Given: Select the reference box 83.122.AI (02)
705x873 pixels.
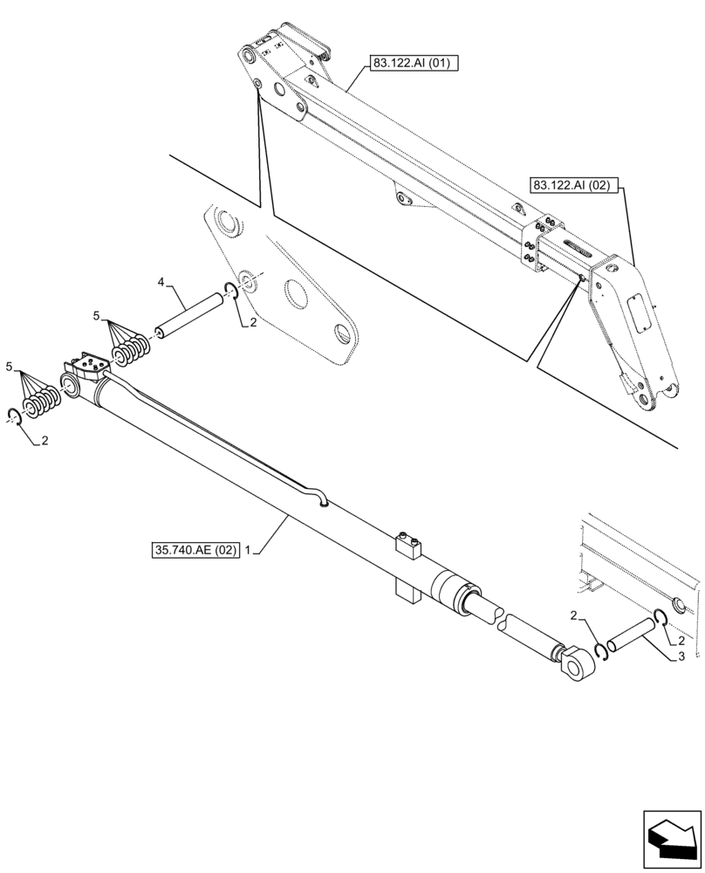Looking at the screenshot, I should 572,185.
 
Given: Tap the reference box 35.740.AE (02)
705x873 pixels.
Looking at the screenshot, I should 194,551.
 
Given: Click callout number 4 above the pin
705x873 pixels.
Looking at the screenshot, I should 161,281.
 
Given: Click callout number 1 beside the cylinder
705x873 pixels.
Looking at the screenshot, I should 249,551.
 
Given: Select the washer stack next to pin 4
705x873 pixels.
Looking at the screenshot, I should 133,353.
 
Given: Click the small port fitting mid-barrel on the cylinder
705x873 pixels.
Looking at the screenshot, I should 407,546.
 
